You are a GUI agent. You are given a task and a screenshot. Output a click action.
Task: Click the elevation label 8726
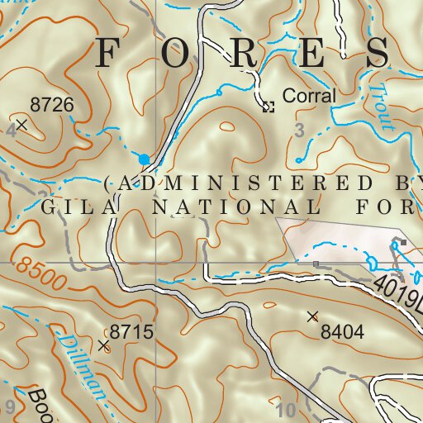click(x=52, y=105)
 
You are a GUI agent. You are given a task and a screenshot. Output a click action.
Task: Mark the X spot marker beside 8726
click(x=22, y=125)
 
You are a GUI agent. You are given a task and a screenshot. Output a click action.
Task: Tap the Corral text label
click(x=309, y=96)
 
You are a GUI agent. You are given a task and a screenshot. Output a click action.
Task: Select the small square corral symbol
click(x=268, y=107)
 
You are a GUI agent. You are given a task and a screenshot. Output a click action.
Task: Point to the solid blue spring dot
click(x=145, y=159)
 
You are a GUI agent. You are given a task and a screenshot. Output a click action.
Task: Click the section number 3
click(x=299, y=130)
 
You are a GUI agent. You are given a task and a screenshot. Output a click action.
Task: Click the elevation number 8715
click(x=132, y=332)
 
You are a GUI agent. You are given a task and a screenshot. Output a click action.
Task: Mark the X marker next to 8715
click(x=103, y=346)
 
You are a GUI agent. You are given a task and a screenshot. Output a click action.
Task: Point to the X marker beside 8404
click(x=312, y=316)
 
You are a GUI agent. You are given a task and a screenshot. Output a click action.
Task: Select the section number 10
click(x=286, y=409)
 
